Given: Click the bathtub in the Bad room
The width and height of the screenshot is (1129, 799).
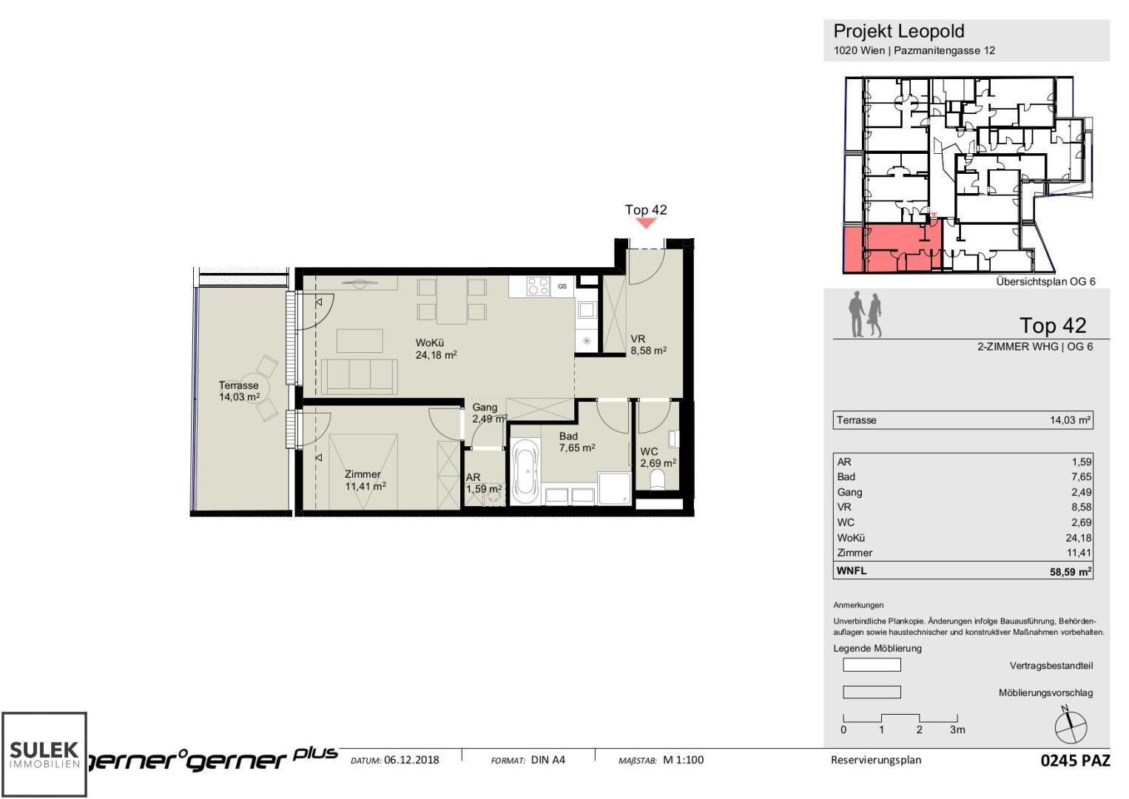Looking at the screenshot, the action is pyautogui.click(x=526, y=471).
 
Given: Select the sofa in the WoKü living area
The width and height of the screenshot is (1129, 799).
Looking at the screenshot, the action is pyautogui.click(x=360, y=376).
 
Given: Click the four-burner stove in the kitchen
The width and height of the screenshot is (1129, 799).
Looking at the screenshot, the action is pyautogui.click(x=538, y=286).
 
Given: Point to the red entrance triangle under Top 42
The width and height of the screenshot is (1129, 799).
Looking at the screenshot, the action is pyautogui.click(x=646, y=222).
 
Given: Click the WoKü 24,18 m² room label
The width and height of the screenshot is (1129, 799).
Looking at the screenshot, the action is pyautogui.click(x=436, y=349).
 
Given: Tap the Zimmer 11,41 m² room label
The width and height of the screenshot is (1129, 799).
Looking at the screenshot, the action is pyautogui.click(x=365, y=480).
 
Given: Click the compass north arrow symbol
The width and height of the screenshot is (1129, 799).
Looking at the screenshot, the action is pyautogui.click(x=1070, y=726).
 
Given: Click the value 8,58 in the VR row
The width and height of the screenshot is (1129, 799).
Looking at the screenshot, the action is pyautogui.click(x=1081, y=507).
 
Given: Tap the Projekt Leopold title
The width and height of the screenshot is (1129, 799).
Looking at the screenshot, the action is pyautogui.click(x=899, y=31).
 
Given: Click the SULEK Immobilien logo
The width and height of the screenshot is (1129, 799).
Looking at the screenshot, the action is pyautogui.click(x=44, y=754).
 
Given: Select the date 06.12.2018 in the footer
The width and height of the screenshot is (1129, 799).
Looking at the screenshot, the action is pyautogui.click(x=411, y=760).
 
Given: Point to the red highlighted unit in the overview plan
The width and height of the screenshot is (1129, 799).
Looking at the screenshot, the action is pyautogui.click(x=891, y=249).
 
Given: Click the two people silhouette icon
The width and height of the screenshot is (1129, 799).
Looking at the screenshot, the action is pyautogui.click(x=865, y=314).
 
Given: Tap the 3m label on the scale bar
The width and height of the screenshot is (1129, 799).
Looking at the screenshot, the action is pyautogui.click(x=957, y=729).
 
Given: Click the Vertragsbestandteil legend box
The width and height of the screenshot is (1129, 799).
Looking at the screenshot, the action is pyautogui.click(x=872, y=665).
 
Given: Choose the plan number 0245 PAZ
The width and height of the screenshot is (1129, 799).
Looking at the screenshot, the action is pyautogui.click(x=1075, y=761).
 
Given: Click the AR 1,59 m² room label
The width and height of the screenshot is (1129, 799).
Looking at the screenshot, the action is pyautogui.click(x=483, y=483).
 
